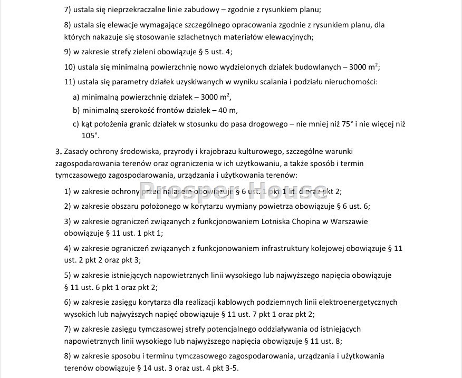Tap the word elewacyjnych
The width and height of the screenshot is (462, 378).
coord(289,37)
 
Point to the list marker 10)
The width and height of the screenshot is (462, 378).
coord(70,67)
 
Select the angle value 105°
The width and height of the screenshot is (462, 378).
coord(90,136)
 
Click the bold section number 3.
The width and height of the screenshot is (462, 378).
coord(57,152)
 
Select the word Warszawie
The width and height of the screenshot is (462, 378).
coord(351,221)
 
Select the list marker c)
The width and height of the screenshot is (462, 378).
coord(76,124)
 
